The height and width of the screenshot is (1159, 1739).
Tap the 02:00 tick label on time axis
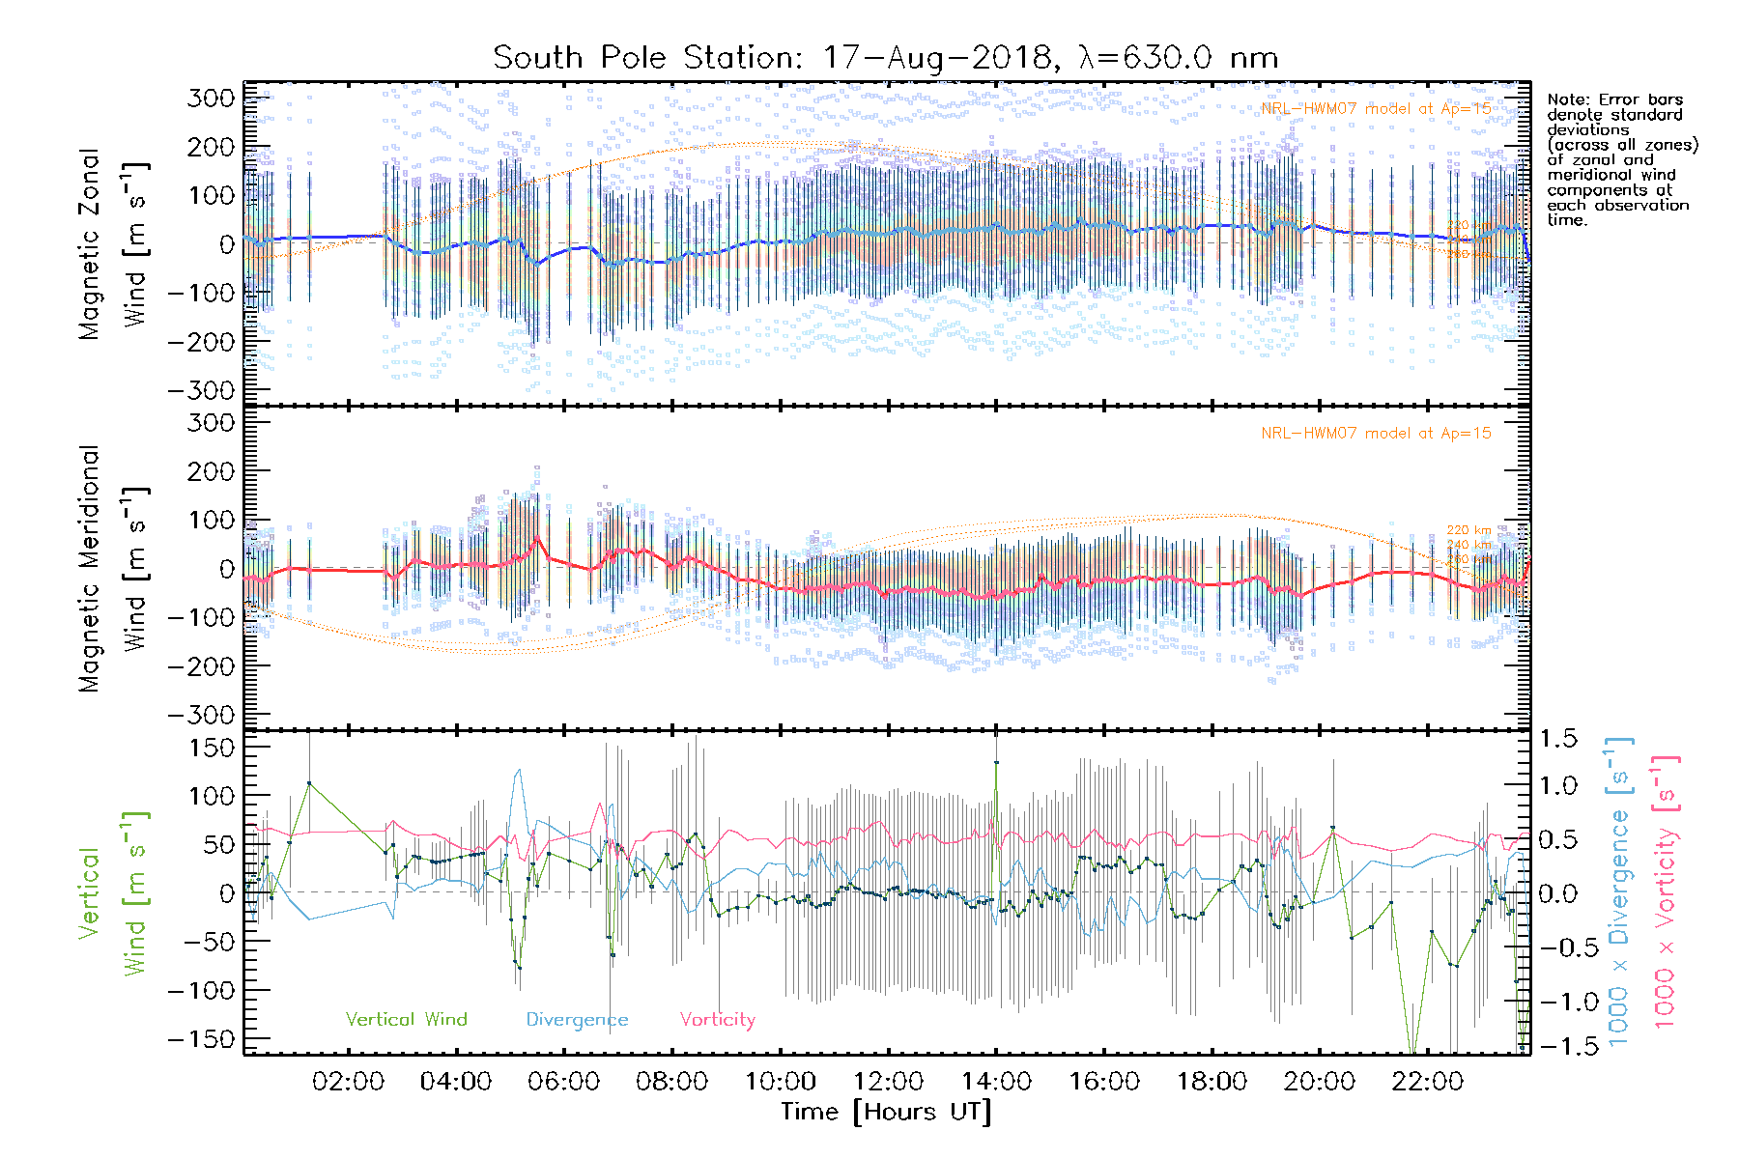point(348,1082)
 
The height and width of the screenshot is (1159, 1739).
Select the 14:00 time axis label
point(996,1082)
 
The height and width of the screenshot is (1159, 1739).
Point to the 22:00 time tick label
point(1428,1082)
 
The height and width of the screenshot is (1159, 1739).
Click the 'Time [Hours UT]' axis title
point(886,1113)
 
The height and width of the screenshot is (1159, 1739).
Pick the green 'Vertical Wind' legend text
point(406,1020)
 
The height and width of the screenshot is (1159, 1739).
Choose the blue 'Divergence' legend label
point(577,1020)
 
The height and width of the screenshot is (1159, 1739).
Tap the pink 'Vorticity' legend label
point(717,1020)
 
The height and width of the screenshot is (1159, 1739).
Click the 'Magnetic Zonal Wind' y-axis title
point(114,243)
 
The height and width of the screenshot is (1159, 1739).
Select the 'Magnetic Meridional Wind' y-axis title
point(114,568)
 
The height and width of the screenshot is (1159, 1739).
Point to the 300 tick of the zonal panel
point(211,98)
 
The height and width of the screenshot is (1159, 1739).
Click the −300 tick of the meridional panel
point(202,715)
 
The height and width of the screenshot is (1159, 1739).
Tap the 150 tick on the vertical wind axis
point(211,748)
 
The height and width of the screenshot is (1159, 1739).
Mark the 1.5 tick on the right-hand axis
point(1557,739)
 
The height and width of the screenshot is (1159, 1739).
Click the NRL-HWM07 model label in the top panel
point(1376,109)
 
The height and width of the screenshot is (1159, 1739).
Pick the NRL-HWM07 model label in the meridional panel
point(1376,434)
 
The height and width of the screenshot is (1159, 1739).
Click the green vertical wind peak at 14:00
point(996,763)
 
